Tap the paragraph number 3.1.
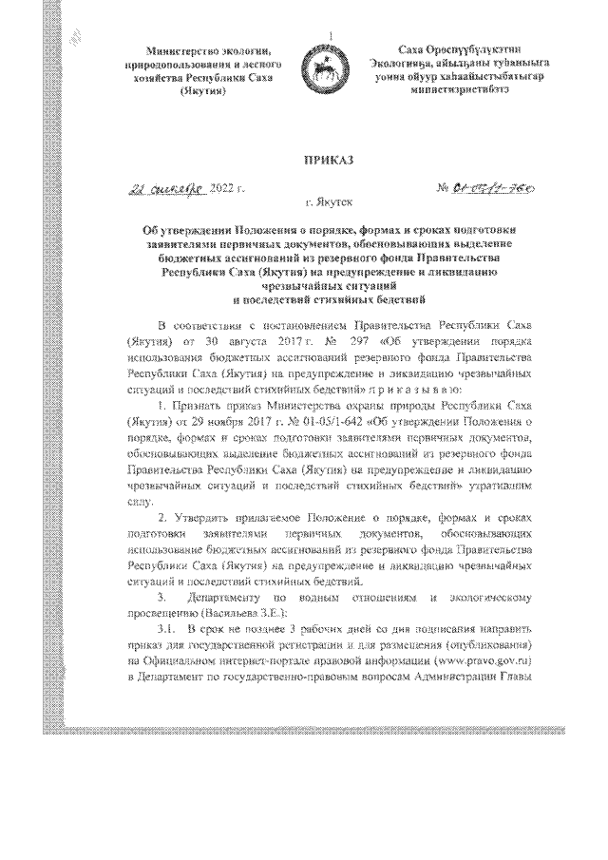pyautogui.click(x=167, y=629)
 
